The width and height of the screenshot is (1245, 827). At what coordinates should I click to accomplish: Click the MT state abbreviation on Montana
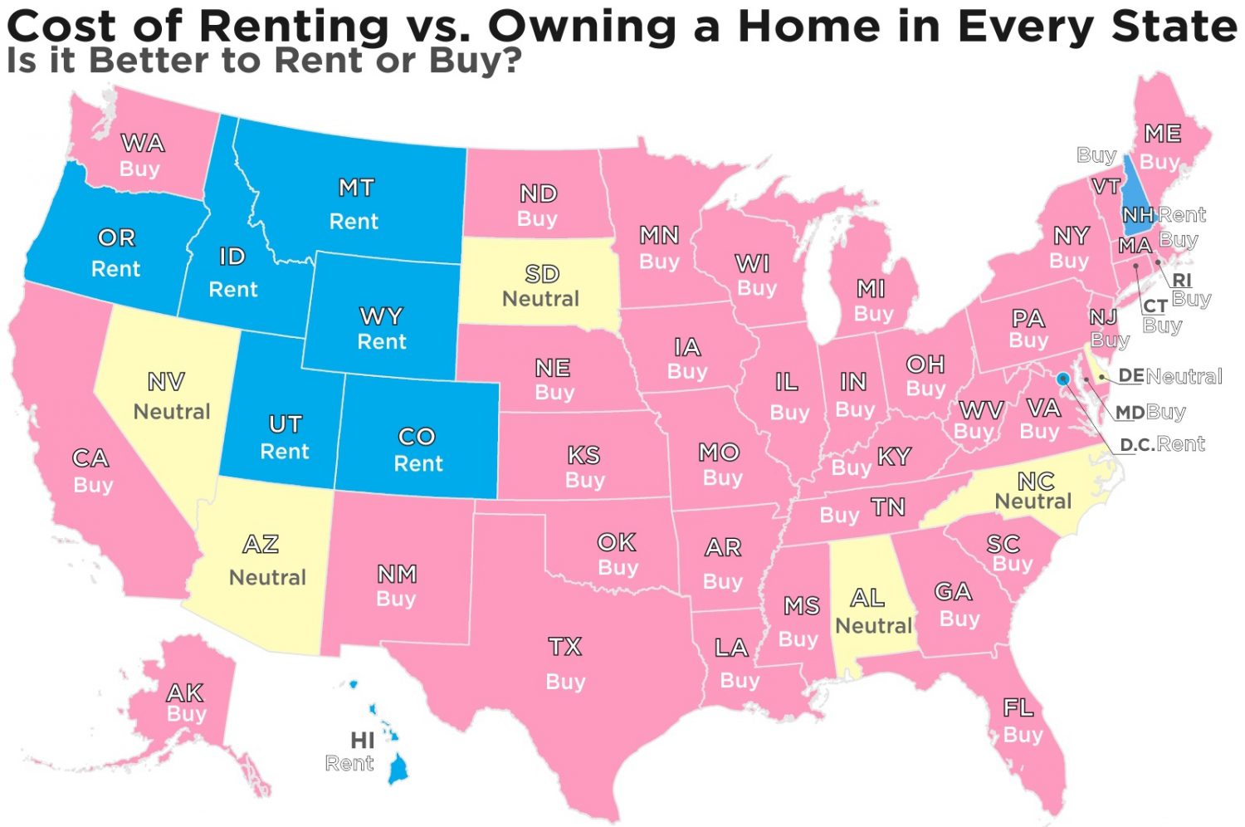356,188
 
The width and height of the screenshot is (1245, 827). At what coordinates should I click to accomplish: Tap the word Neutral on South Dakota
540,299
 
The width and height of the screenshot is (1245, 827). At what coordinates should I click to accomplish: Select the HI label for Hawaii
363,740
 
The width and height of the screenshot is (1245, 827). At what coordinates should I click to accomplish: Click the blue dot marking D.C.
1062,379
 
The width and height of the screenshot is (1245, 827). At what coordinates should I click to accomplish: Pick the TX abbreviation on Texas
565,647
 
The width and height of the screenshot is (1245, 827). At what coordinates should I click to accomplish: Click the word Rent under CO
418,463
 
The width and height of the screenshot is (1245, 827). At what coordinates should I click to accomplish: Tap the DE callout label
1130,376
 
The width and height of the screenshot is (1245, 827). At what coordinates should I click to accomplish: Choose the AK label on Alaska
184,692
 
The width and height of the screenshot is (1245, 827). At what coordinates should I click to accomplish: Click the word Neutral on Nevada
172,412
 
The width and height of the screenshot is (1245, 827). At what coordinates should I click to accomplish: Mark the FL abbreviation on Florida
1018,708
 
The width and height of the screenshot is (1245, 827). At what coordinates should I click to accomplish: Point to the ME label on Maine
1162,134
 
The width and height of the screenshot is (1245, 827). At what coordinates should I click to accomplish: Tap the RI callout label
1182,281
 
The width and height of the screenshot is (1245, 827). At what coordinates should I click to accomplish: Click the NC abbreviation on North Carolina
1036,481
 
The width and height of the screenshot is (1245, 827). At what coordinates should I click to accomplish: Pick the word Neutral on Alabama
873,625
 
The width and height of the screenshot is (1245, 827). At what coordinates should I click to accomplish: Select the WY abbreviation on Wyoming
381,316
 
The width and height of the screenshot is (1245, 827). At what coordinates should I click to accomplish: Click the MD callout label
1130,413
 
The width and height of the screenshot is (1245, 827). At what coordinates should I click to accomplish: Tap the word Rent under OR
115,269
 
